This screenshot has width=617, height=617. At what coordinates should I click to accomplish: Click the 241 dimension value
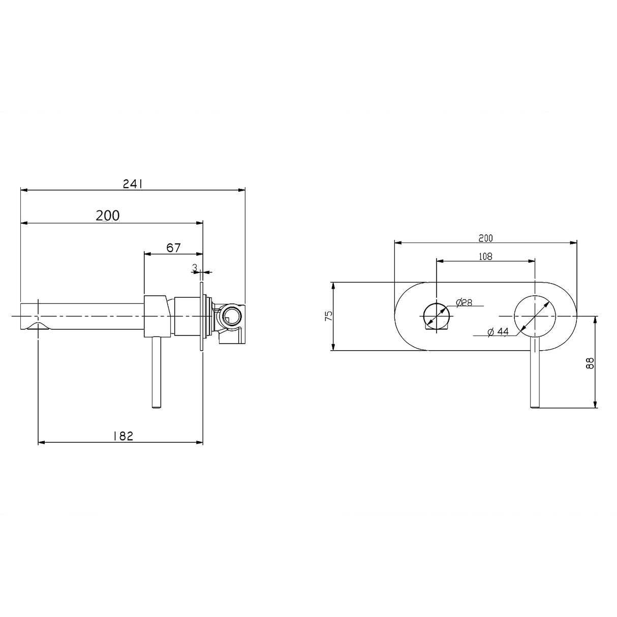[133, 184]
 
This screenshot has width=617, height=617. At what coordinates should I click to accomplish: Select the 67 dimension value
[173, 248]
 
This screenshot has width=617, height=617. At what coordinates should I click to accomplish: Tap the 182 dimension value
[122, 436]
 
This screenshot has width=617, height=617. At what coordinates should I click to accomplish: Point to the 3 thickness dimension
[195, 266]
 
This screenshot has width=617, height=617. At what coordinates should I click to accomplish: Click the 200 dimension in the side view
[108, 215]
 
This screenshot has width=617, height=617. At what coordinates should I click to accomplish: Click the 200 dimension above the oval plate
[485, 237]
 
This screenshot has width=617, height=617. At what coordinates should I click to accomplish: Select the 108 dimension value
[485, 257]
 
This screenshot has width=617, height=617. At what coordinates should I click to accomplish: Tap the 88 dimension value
[590, 362]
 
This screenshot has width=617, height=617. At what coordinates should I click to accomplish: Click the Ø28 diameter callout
[464, 302]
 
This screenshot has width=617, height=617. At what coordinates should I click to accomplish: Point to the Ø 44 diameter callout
[498, 332]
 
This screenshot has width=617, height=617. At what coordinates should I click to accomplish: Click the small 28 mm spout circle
[437, 316]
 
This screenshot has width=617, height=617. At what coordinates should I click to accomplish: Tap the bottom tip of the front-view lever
[535, 405]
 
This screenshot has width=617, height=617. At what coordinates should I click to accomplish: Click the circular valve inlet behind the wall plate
[232, 316]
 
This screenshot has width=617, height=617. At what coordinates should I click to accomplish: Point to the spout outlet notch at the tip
[39, 325]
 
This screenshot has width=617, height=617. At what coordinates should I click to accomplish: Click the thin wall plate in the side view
[203, 316]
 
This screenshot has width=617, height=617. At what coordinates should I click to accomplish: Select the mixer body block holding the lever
[156, 316]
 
